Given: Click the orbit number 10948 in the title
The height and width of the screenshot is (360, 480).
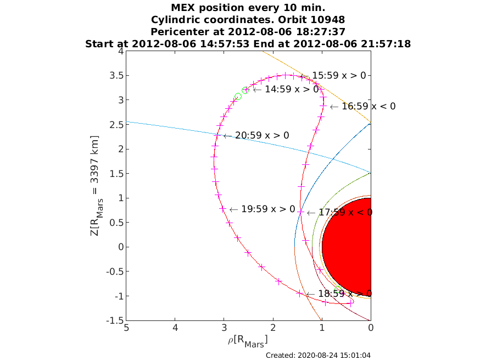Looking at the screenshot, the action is click(327, 20).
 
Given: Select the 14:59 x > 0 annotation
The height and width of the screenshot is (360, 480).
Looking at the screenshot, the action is click(292, 89).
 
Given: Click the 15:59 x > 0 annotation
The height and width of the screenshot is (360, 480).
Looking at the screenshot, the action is click(339, 75).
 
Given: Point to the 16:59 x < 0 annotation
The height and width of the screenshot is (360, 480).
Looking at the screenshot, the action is click(369, 106).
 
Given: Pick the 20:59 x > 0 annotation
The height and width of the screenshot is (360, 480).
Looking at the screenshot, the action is click(262, 135).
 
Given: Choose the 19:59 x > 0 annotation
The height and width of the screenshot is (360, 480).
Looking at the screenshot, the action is click(268, 209).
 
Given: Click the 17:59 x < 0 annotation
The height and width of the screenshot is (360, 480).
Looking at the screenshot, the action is click(345, 212).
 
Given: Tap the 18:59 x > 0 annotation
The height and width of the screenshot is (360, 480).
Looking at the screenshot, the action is click(345, 293).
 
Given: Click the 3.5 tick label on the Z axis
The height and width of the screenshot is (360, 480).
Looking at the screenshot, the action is click(116, 75).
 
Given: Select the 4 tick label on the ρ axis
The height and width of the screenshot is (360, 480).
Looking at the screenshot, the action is click(175, 328).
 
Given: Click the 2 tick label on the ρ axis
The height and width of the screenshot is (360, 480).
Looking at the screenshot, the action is click(273, 328).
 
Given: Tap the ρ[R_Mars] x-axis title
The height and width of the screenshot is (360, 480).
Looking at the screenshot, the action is click(248, 341).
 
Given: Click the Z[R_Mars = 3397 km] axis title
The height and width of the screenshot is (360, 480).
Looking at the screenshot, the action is click(96, 186).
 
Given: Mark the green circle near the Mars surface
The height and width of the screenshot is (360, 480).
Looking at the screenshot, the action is click(338, 289).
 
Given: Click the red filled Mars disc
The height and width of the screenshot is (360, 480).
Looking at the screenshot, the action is click(347, 247).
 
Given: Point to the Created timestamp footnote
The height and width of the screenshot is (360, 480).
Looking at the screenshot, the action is click(318, 355).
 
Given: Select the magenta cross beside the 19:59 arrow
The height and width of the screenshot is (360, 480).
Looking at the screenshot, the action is click(223, 209).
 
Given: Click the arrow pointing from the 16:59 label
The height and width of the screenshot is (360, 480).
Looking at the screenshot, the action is click(334, 107).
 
